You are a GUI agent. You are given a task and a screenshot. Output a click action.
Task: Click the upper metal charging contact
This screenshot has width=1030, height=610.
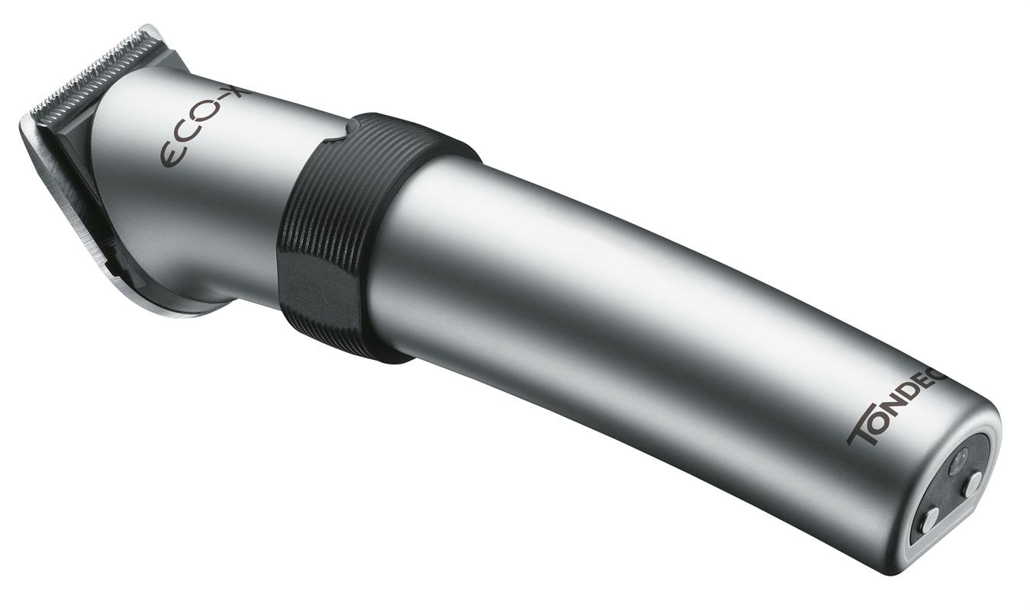click(973, 483)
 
